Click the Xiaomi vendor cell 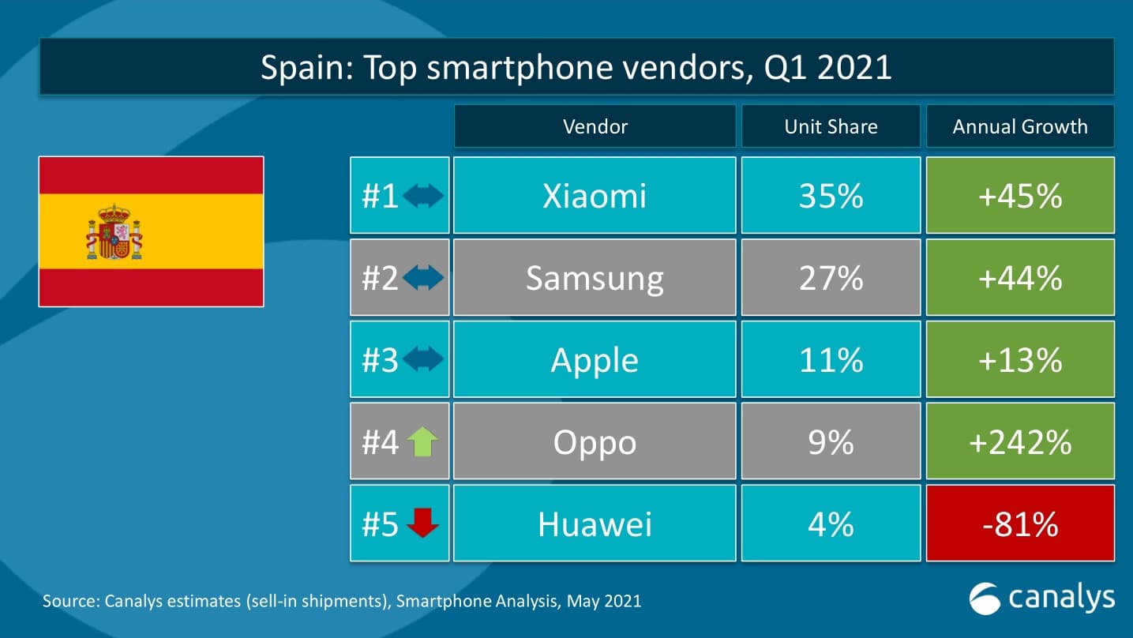tap(595, 196)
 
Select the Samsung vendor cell tap(595, 278)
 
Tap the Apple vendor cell tap(595, 360)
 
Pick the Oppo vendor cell tap(595, 442)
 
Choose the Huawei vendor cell tap(595, 524)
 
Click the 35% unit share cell tap(831, 196)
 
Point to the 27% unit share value tap(831, 278)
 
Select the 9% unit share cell tap(831, 442)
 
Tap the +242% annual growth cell tap(1020, 442)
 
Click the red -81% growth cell tap(1020, 524)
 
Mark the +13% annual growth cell tap(1020, 360)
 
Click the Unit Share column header tap(831, 126)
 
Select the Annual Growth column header tap(1020, 126)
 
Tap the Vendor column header tap(595, 126)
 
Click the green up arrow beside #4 tap(423, 442)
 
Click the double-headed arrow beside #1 tap(423, 196)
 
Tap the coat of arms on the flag tap(114, 232)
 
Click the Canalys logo tap(1042, 598)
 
